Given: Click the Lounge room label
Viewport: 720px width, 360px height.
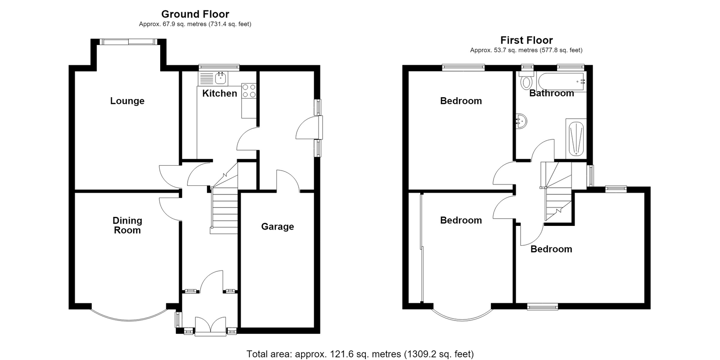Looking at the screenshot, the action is coord(127,101).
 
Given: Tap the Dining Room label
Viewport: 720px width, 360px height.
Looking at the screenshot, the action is coord(127,225).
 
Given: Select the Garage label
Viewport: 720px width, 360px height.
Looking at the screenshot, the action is coord(277,227).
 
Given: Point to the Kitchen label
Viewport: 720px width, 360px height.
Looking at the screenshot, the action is coord(220,93).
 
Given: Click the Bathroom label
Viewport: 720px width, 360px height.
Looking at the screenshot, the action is coord(552,93).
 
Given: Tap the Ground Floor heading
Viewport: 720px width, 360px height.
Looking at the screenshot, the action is coord(195,14).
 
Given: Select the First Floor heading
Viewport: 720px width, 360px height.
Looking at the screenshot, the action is coord(526,40).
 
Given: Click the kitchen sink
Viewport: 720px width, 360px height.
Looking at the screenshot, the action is coord(213,78).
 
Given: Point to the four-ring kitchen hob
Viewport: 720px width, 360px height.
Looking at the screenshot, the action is coord(249,90).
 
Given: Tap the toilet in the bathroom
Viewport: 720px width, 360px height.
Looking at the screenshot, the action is coord(526,81).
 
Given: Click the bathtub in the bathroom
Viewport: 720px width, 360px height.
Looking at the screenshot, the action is coord(561,82).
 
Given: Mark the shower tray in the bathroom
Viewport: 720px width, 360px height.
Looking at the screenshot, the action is coord(576,139).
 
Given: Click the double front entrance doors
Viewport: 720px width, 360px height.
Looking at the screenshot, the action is coord(211,326).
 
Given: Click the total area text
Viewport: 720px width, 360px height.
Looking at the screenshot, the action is coord(360,354).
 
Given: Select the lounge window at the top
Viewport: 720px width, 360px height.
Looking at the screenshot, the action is coord(129,42).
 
